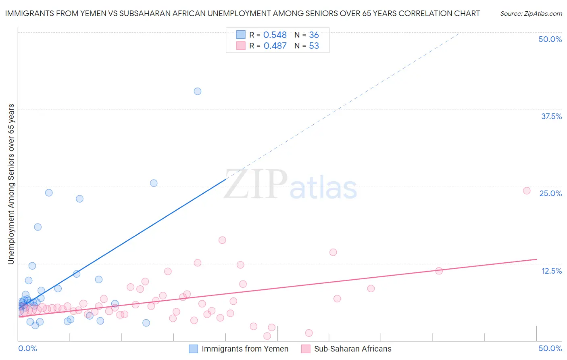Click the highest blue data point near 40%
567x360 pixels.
coord(198,91)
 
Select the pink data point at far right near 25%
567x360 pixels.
coord(527,190)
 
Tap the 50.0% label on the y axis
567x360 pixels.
coord(550,39)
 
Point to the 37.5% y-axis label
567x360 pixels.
coord(551,116)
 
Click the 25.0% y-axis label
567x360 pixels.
coord(550,193)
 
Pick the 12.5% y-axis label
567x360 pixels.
coord(551,271)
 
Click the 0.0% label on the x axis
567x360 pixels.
coord(27,348)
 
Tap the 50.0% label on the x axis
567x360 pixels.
coord(550,348)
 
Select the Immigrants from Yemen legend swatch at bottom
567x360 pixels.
coord(194,349)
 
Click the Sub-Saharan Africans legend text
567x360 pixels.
coord(352,349)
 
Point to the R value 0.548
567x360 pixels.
coord(275,35)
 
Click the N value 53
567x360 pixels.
coord(314,46)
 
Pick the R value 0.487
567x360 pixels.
coord(275,46)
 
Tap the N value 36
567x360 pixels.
coord(314,35)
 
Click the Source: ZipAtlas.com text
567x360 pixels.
coord(531,13)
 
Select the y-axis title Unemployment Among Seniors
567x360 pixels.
coord(11,184)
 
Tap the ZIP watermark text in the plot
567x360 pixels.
coord(256,185)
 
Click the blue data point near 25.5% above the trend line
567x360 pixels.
coord(154,183)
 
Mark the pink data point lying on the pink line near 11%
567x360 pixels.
coord(439,271)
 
